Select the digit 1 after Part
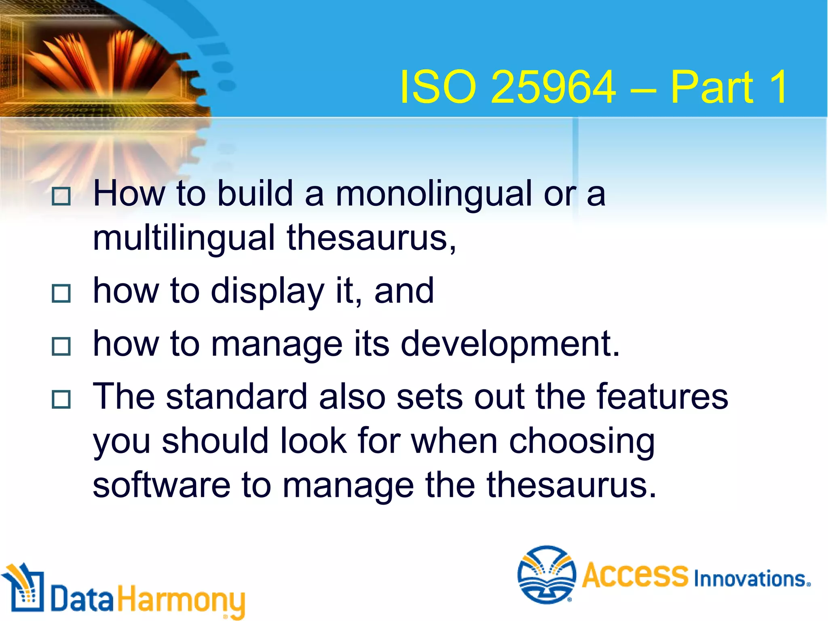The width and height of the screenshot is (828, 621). click(779, 87)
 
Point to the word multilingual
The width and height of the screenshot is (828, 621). click(184, 239)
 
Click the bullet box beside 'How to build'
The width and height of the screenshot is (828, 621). click(61, 196)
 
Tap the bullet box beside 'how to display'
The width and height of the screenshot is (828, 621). click(61, 294)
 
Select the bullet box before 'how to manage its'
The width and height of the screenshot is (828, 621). click(61, 346)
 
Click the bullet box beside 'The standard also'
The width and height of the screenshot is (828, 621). click(61, 399)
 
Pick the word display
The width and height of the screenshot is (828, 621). click(267, 292)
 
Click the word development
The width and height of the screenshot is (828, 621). click(509, 345)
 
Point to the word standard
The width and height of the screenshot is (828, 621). click(237, 397)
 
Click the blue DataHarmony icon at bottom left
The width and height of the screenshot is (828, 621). click(24, 588)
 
